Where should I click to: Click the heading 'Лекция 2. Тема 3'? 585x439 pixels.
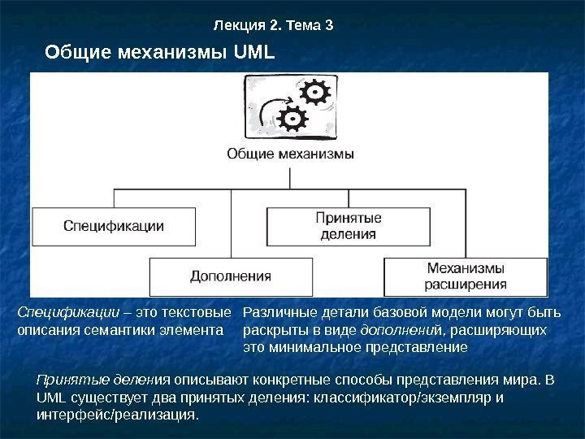273,24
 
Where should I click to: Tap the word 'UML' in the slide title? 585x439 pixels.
253,54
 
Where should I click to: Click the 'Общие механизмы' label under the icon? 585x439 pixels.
289,153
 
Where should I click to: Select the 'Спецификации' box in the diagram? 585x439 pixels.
114,226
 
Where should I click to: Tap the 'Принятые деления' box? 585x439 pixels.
347,226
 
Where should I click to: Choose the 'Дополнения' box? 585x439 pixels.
230,276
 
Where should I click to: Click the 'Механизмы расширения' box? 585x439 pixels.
466,276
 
